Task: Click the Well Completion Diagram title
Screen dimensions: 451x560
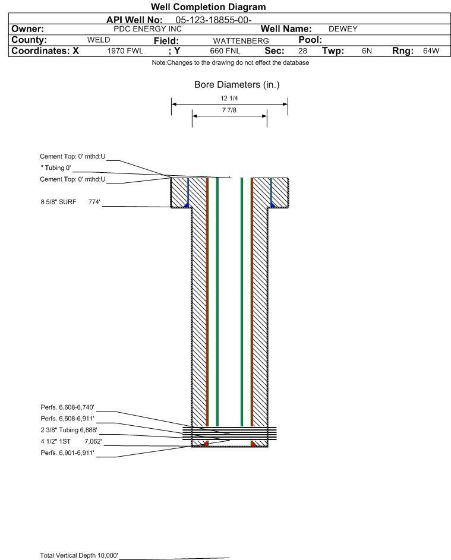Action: click(x=209, y=7)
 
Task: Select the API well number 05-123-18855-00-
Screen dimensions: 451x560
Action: click(x=213, y=20)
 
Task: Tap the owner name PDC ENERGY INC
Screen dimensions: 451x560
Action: click(x=147, y=29)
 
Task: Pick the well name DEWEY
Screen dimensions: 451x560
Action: click(x=343, y=29)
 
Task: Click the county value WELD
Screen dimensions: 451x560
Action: click(x=99, y=40)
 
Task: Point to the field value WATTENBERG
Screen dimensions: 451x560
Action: click(x=241, y=41)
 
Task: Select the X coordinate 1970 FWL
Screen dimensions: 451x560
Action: click(x=125, y=51)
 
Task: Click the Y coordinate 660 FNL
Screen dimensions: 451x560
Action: click(x=225, y=51)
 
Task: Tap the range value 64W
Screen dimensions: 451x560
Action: click(x=431, y=50)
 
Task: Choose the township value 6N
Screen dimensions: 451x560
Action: click(x=367, y=50)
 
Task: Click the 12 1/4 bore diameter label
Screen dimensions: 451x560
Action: click(x=229, y=98)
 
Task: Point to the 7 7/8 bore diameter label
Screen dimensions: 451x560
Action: click(x=229, y=110)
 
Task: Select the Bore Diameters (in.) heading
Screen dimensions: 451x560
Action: click(x=237, y=85)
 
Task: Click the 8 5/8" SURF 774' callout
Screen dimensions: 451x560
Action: click(x=70, y=202)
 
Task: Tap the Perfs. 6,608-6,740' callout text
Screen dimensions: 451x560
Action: click(x=68, y=407)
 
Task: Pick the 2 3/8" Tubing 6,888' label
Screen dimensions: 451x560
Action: click(x=69, y=431)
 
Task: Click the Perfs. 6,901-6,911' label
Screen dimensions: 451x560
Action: click(x=68, y=453)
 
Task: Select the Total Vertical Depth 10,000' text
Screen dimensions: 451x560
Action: click(x=79, y=555)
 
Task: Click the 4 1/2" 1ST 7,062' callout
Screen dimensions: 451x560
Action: click(x=71, y=442)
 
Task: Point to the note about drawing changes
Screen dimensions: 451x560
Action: click(x=231, y=63)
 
